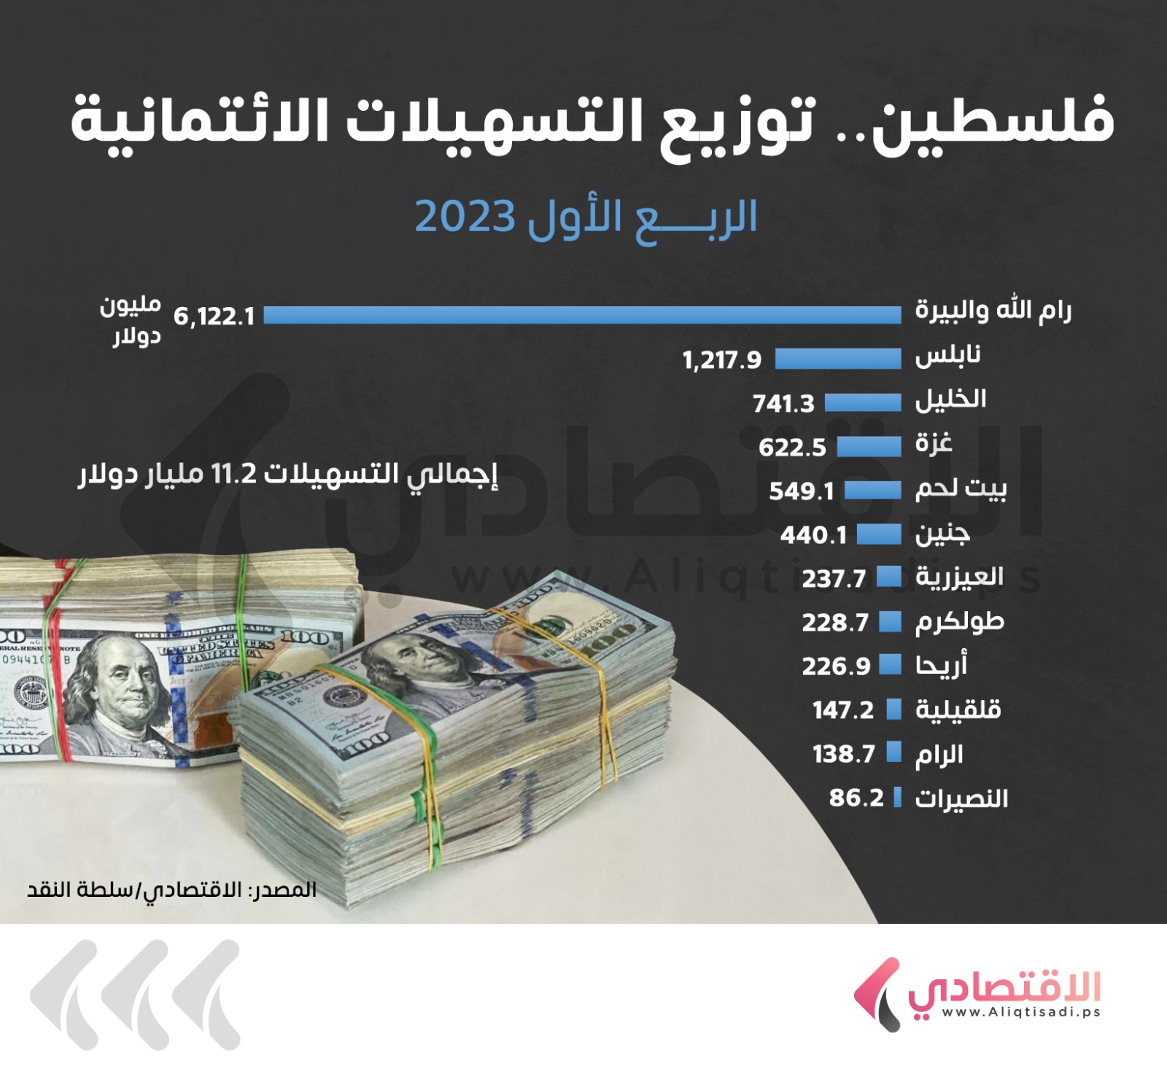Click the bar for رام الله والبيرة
[582, 315]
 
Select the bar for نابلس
[837, 359]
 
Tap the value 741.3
[783, 403]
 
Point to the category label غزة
[934, 443]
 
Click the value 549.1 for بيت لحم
[801, 491]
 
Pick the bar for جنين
[879, 534]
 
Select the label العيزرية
[960, 577]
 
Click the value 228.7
[835, 622]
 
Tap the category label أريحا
[942, 665]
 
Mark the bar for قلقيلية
[894, 709]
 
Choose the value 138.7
[843, 753]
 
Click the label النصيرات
[962, 798]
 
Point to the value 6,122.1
[214, 316]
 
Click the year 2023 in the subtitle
[465, 217]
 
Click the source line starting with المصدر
[172, 890]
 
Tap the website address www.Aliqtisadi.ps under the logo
[1020, 1012]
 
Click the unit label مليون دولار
[131, 321]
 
